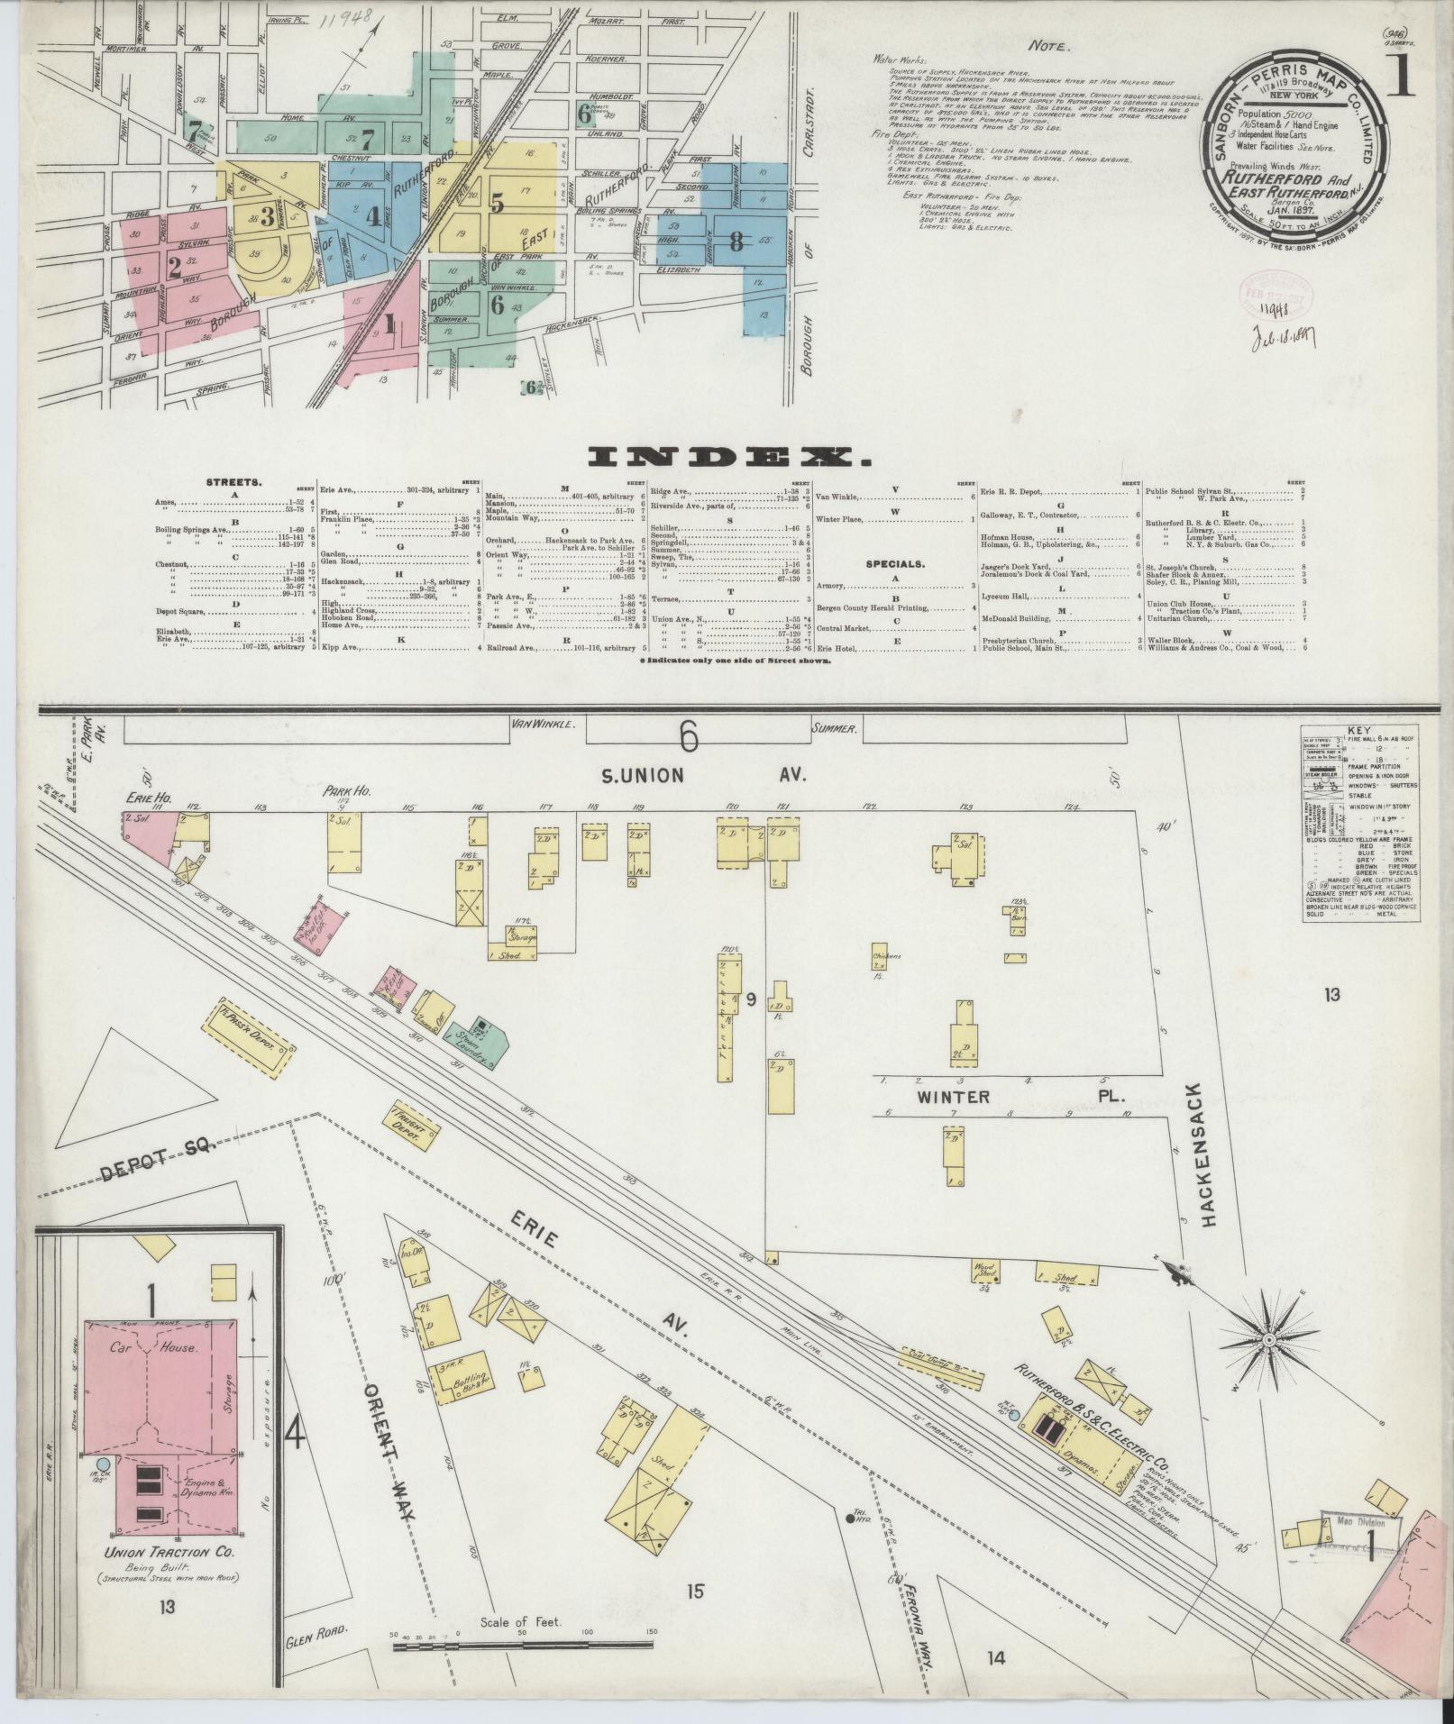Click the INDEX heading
[727, 459]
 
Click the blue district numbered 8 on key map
[736, 241]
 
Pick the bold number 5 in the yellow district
[496, 203]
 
